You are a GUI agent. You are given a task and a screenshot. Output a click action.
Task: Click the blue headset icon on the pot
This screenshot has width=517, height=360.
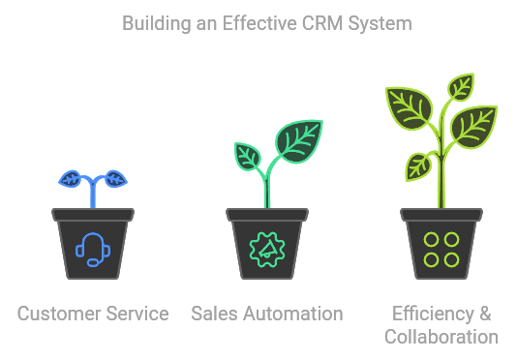tap(93, 249)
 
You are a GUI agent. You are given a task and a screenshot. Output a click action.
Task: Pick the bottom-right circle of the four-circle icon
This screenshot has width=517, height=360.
tap(451, 259)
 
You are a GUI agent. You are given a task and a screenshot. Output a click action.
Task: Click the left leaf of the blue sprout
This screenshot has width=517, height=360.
tap(73, 178)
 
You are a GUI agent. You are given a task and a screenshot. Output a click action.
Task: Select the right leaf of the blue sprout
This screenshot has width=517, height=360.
tap(114, 178)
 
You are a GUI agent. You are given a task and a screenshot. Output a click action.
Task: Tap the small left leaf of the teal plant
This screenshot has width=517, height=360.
tap(248, 155)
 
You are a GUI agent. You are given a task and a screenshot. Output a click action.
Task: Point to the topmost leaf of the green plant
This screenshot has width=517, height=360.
tap(461, 86)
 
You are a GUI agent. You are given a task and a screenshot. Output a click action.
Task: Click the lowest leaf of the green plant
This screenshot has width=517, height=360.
tap(418, 165)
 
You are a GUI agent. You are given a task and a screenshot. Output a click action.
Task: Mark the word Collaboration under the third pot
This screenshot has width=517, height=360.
tap(441, 337)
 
